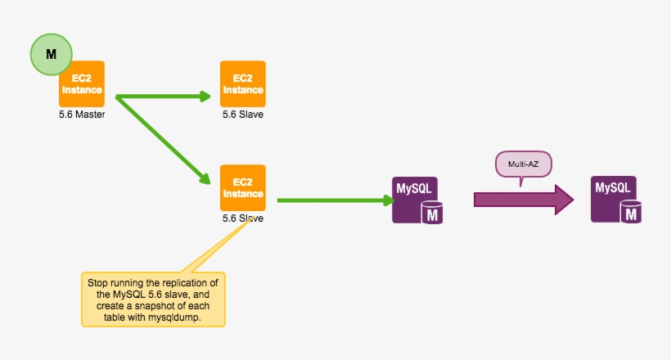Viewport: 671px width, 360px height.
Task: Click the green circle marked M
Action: (51, 55)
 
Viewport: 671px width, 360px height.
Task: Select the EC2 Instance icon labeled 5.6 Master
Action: (82, 83)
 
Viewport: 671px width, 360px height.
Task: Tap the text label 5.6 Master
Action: (82, 115)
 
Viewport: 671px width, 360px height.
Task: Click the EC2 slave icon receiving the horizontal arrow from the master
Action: (242, 83)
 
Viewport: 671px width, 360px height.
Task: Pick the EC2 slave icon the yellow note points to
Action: (242, 188)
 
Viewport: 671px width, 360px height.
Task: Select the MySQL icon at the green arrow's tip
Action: (416, 200)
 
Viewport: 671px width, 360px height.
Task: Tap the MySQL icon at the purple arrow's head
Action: (615, 200)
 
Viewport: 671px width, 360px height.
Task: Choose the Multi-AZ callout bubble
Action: (524, 164)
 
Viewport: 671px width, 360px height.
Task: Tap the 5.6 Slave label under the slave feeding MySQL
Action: (242, 219)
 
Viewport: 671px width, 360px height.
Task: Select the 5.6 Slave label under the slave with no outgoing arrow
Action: (242, 115)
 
